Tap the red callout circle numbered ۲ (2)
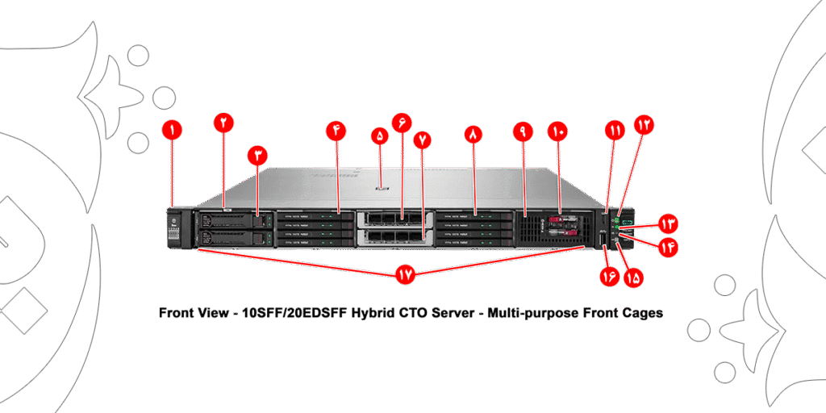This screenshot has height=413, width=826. click(x=223, y=123)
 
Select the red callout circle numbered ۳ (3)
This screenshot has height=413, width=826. click(x=257, y=155)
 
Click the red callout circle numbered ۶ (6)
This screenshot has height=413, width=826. click(x=401, y=123)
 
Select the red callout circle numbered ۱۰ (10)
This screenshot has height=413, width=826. click(x=557, y=131)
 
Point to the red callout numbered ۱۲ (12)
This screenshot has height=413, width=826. click(x=644, y=124)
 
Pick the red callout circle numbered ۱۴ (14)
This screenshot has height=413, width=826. click(x=669, y=248)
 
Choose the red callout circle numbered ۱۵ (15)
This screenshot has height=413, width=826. click(x=633, y=277)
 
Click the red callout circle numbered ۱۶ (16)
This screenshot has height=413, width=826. click(x=607, y=277)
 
